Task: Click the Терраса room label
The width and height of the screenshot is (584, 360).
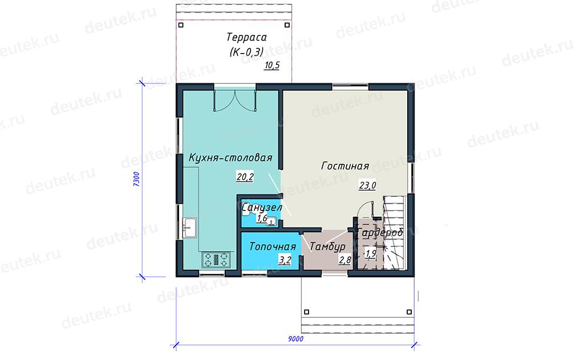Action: tap(246, 37)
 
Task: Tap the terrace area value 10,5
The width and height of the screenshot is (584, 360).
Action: tap(272, 66)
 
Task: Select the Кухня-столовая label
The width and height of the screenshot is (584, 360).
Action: tap(230, 157)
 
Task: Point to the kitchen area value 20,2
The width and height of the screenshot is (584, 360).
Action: tap(245, 177)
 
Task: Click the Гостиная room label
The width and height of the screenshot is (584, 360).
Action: tap(345, 166)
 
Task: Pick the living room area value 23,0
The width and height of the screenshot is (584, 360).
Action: tap(367, 185)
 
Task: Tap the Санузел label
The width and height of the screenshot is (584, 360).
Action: tap(261, 207)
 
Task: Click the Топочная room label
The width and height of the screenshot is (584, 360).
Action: tap(273, 246)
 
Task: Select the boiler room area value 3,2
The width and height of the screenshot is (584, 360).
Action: tap(285, 260)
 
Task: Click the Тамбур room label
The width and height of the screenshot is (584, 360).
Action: tap(327, 246)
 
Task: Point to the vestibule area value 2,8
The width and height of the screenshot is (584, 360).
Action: tap(345, 260)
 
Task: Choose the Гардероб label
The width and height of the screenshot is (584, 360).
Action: tap(380, 233)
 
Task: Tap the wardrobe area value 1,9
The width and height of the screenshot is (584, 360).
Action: tap(370, 254)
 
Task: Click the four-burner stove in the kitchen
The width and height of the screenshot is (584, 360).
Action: tap(216, 260)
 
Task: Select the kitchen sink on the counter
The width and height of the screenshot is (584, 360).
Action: tap(190, 227)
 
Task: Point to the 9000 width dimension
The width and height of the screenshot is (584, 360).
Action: tap(296, 339)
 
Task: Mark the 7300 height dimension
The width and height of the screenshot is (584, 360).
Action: tap(136, 179)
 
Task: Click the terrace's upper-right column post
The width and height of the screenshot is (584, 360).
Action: tap(287, 25)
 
